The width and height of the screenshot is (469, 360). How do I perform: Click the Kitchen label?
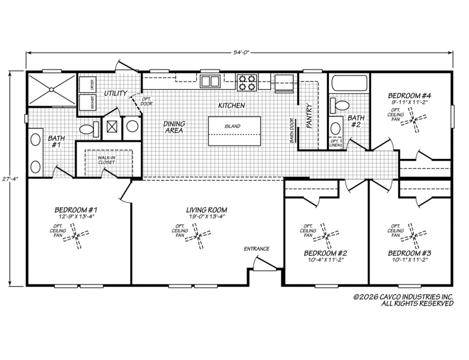click(232, 105)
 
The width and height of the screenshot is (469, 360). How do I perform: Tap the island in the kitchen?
click(234, 131)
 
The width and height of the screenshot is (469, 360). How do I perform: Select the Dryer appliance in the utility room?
click(88, 84)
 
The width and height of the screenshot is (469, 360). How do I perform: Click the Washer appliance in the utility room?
click(88, 102)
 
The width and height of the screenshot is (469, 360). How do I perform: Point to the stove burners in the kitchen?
click(247, 82)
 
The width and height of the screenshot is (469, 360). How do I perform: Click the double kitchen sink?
click(210, 81)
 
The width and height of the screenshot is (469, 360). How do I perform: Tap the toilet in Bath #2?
click(339, 105)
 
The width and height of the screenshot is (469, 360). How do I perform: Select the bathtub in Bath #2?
click(350, 83)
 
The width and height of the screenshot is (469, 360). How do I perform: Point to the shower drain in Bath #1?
click(51, 89)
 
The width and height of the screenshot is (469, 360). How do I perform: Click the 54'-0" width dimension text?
click(241, 53)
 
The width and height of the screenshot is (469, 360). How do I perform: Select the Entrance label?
click(257, 249)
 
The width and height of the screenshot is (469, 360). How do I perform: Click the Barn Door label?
click(292, 131)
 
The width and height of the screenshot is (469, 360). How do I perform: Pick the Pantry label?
click(309, 116)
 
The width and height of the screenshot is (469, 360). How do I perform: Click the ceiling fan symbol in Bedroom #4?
click(414, 120)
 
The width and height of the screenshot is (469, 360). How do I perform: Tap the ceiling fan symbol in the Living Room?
click(198, 236)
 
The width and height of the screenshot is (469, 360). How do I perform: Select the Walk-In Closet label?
click(107, 160)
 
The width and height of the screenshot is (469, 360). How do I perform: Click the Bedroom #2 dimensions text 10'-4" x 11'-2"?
click(326, 260)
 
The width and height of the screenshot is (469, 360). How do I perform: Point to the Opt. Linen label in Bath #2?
click(334, 143)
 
